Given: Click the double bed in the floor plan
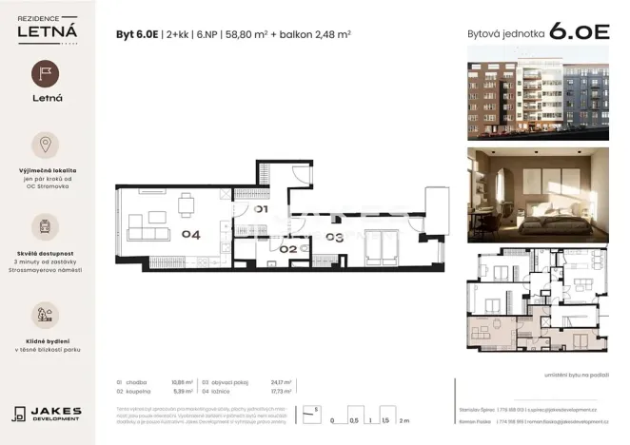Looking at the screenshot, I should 385,249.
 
